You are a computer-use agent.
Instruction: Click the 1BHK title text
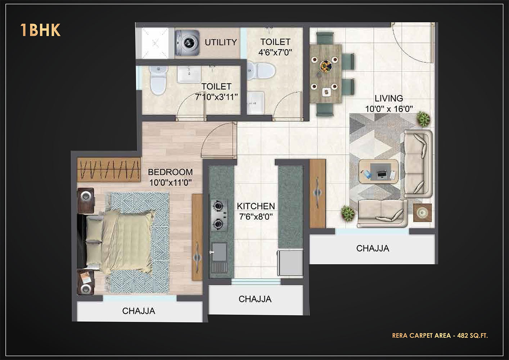pyautogui.click(x=40, y=30)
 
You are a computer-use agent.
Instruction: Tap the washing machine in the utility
pyautogui.click(x=187, y=43)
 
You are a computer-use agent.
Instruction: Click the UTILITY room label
pyautogui.click(x=221, y=42)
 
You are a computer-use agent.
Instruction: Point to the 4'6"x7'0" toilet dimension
pyautogui.click(x=275, y=53)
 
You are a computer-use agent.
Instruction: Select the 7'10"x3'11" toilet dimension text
pyautogui.click(x=216, y=97)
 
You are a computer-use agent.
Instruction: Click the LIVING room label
pyautogui.click(x=389, y=98)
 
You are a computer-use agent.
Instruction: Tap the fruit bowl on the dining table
pyautogui.click(x=326, y=66)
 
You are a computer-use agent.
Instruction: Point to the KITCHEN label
pyautogui.click(x=256, y=206)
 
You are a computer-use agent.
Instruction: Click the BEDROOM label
pyautogui.click(x=170, y=172)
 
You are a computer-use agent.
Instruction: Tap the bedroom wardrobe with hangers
pyautogui.click(x=109, y=170)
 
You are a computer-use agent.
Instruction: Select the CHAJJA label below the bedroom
pyautogui.click(x=139, y=311)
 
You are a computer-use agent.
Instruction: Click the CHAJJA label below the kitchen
pyautogui.click(x=255, y=299)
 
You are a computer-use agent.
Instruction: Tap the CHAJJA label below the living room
pyautogui.click(x=373, y=248)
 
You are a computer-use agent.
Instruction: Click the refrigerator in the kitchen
pyautogui.click(x=290, y=263)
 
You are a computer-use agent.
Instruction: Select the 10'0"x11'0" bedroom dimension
pyautogui.click(x=170, y=183)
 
